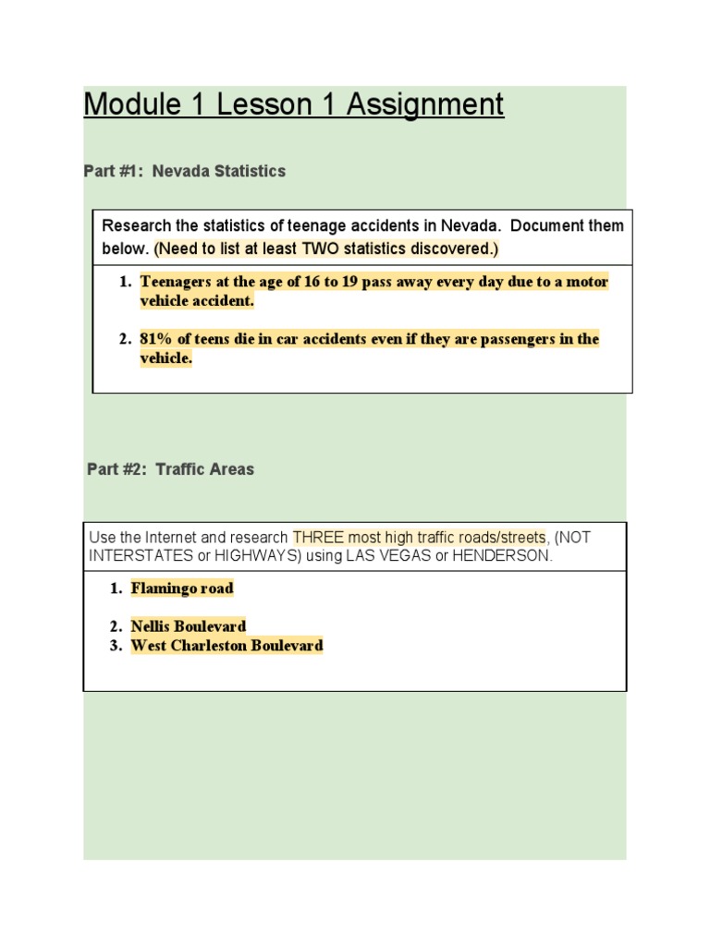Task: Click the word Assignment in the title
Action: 425,105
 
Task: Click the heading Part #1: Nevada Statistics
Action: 185,171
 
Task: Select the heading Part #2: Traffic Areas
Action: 170,469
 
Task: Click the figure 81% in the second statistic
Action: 158,339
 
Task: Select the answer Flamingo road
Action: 182,588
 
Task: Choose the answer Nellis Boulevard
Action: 189,626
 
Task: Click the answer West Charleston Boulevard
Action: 226,646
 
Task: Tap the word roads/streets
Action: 500,538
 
